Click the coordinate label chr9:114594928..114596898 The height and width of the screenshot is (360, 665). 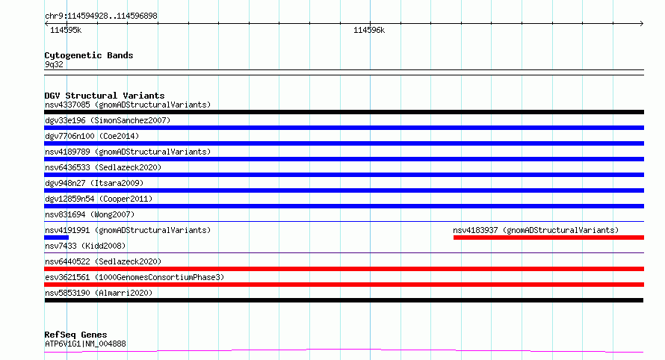click(x=101, y=16)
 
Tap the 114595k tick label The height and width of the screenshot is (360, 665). click(x=66, y=30)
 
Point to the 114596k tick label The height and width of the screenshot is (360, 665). click(x=369, y=30)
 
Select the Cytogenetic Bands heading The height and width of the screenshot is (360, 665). click(x=89, y=55)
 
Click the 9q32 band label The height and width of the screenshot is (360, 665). click(x=54, y=64)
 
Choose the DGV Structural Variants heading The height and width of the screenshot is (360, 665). click(x=105, y=96)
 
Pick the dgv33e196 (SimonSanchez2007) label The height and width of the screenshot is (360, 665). click(x=108, y=120)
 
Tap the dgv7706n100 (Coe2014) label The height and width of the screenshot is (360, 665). click(x=92, y=136)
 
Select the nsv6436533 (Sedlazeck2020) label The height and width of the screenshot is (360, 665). click(x=103, y=167)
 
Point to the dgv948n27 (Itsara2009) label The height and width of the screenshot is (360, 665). click(x=94, y=183)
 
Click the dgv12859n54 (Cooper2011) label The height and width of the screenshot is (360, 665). click(x=99, y=199)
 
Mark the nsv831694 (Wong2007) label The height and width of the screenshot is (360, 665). click(x=90, y=214)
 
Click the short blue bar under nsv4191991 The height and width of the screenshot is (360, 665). click(x=56, y=238)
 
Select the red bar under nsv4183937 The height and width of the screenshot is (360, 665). click(x=548, y=238)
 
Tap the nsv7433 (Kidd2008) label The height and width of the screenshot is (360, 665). click(x=85, y=246)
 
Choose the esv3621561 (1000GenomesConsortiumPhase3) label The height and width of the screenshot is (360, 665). click(x=134, y=277)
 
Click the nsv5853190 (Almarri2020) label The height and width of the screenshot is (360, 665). click(x=99, y=293)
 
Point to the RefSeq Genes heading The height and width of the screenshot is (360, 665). click(x=75, y=335)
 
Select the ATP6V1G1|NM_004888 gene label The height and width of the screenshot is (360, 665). click(x=85, y=344)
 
